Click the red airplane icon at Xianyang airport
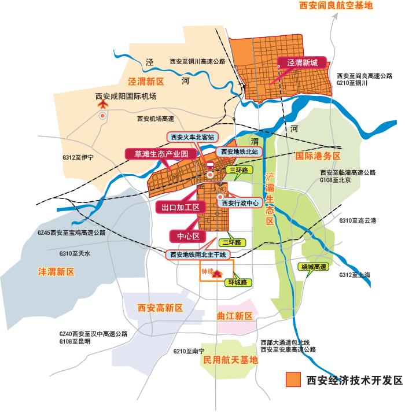(x=103, y=105)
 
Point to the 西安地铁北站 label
(x=239, y=152)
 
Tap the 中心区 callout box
(x=188, y=236)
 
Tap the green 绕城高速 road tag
(x=314, y=267)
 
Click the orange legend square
(x=293, y=379)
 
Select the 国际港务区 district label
(x=318, y=156)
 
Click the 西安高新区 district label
(x=160, y=308)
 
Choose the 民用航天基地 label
(x=231, y=360)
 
